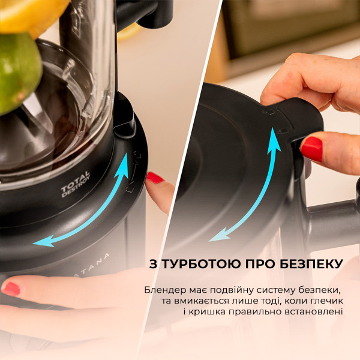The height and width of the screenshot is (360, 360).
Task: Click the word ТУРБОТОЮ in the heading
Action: [x=196, y=264]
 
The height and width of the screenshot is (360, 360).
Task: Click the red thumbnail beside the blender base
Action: [x=155, y=178]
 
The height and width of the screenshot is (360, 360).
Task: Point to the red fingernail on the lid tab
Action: [x=311, y=148]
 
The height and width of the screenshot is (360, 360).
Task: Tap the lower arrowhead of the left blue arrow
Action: [x=40, y=241]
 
